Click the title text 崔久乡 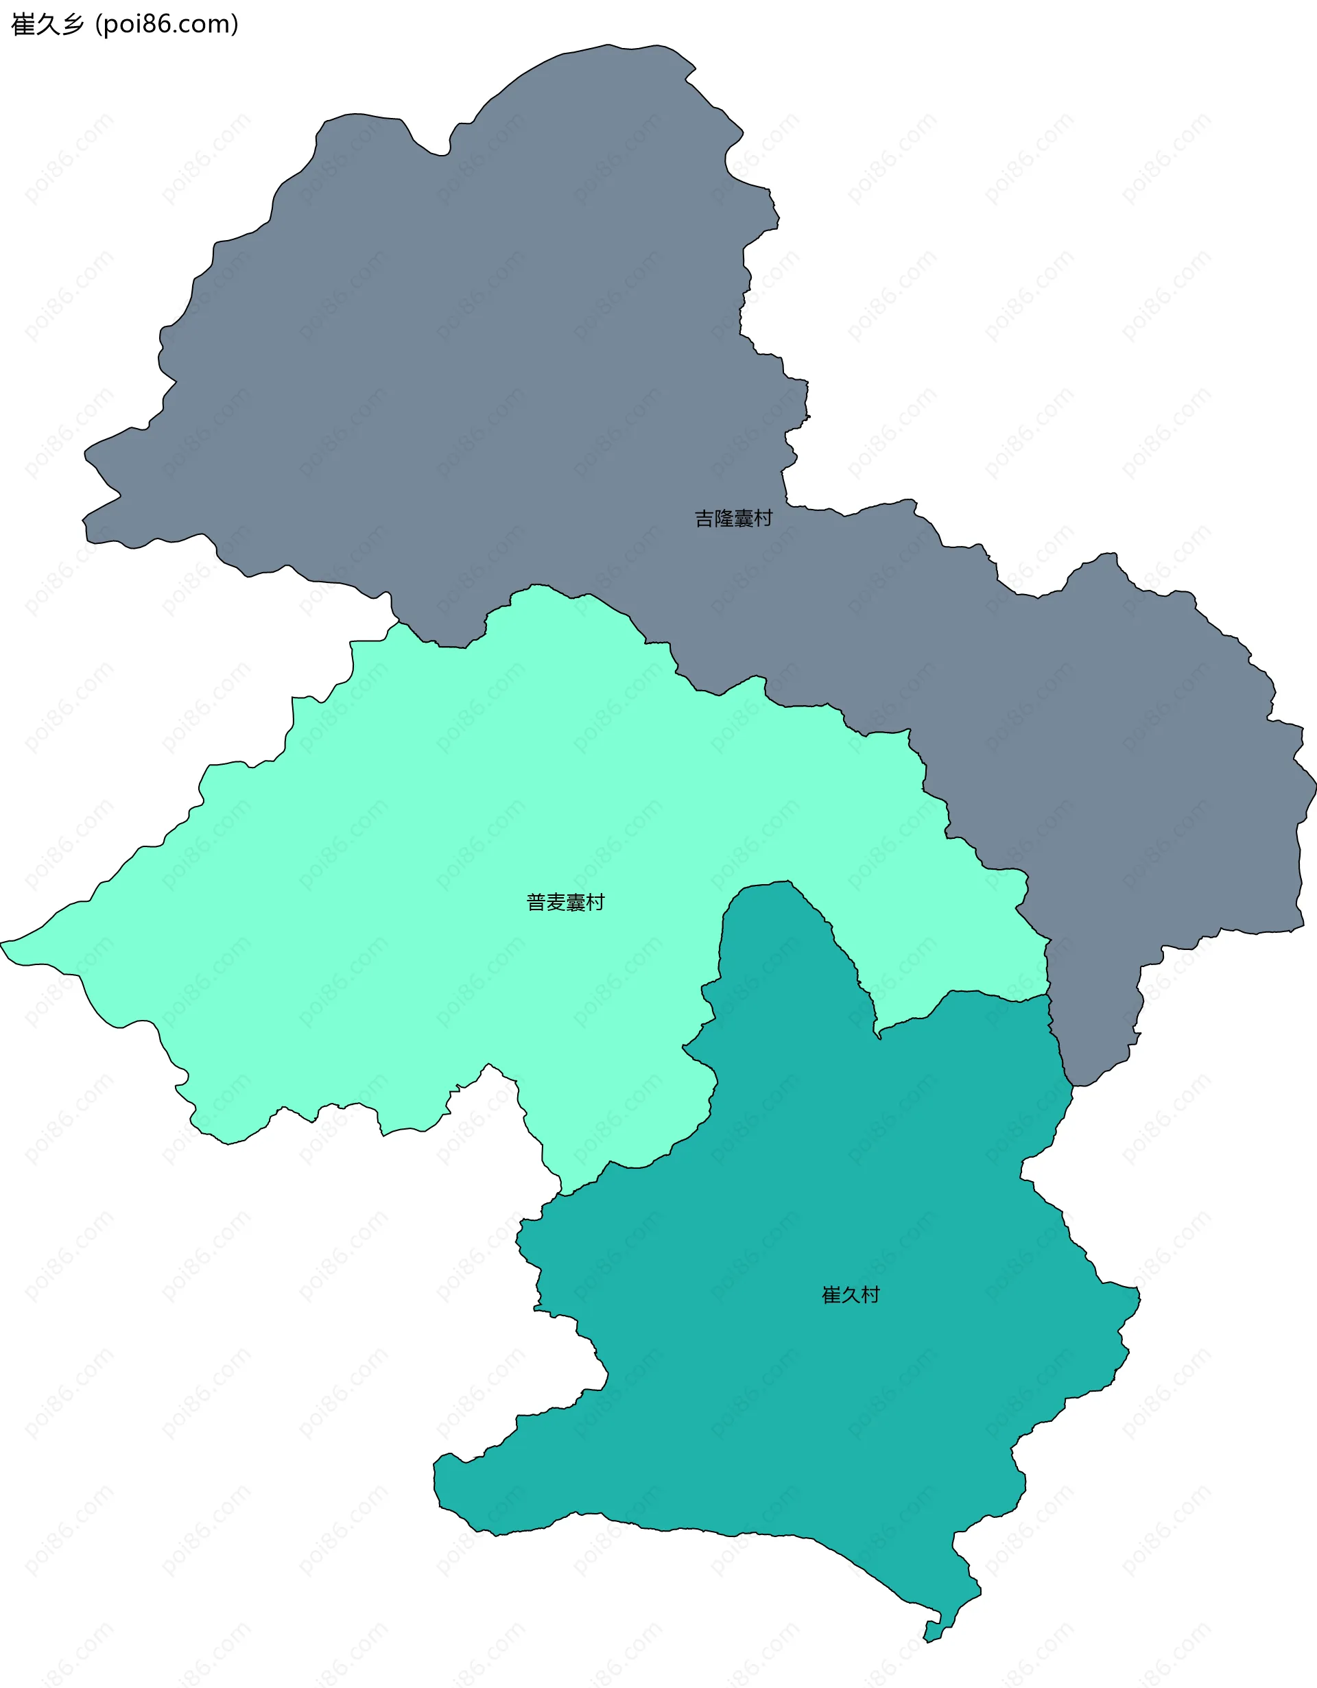tap(47, 25)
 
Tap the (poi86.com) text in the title tap(166, 25)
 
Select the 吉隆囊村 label tap(733, 518)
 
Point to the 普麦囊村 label tap(565, 902)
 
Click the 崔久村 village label tap(850, 1294)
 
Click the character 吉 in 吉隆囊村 tap(704, 518)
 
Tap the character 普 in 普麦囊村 tap(536, 902)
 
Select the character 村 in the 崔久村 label tap(870, 1294)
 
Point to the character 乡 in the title tap(72, 25)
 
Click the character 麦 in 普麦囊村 tap(556, 902)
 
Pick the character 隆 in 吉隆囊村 tap(724, 518)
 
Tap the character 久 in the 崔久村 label tap(850, 1294)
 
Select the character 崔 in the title tap(23, 25)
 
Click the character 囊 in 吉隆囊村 tap(743, 518)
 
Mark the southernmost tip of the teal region tap(927, 1641)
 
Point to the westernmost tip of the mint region tap(2, 943)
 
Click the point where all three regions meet tap(1049, 995)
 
